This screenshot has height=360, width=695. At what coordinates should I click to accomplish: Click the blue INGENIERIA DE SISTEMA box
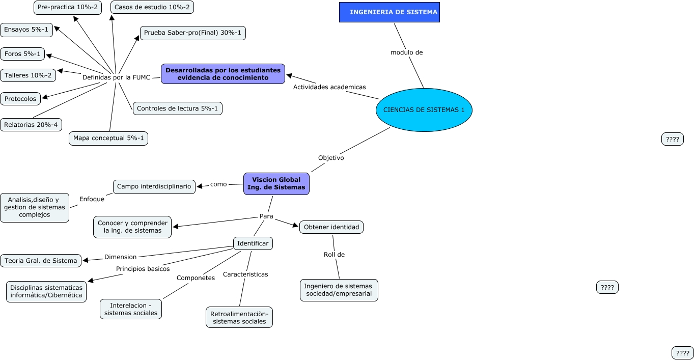click(389, 12)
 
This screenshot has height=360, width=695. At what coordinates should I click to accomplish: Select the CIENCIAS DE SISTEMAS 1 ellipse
click(424, 110)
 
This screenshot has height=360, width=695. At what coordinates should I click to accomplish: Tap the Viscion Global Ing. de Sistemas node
click(276, 183)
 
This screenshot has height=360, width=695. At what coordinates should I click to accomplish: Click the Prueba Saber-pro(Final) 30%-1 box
click(193, 33)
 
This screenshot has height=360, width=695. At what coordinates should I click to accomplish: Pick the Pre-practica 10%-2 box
click(68, 7)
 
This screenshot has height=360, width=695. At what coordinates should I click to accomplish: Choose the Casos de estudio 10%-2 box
click(145, 7)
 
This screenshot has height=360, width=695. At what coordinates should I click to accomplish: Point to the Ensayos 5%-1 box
click(26, 30)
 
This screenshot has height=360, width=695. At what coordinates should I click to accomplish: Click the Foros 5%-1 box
click(22, 53)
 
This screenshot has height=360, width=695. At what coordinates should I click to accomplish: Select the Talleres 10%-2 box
click(28, 75)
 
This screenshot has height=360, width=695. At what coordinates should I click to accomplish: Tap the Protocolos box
click(20, 99)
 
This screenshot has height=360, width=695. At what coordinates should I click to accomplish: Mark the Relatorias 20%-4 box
click(31, 124)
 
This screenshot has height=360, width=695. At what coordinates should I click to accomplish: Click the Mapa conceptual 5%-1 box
click(108, 138)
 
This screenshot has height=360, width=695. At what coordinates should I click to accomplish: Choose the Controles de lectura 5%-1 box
click(178, 108)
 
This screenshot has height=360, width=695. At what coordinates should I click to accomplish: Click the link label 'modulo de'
click(406, 52)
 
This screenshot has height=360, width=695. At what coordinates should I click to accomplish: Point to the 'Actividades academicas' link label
click(329, 87)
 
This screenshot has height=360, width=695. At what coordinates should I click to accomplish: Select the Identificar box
click(253, 243)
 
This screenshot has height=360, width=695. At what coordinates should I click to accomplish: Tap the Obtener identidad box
click(331, 227)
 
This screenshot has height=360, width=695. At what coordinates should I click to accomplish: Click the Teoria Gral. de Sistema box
click(41, 261)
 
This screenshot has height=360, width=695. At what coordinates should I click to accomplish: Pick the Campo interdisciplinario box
click(154, 186)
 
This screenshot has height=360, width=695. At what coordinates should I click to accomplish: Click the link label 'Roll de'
click(334, 255)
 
